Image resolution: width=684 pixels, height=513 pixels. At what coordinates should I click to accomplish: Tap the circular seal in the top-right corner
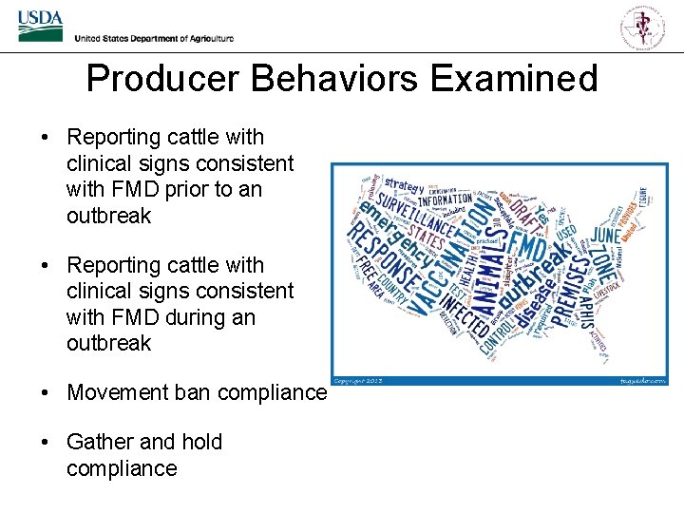[643, 26]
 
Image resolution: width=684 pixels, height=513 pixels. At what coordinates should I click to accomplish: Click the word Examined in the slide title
[513, 78]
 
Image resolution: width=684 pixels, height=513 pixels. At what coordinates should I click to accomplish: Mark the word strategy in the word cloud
[403, 185]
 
